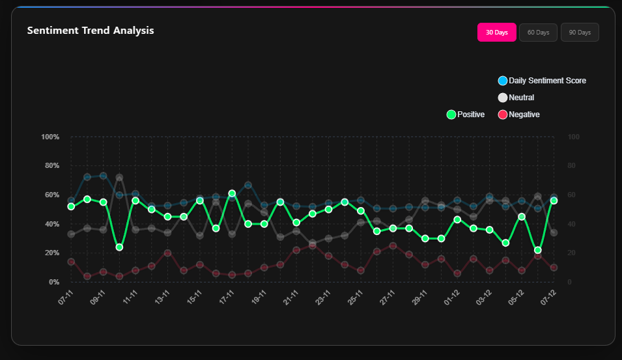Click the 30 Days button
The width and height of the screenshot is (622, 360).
click(496, 33)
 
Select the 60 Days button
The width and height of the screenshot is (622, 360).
click(538, 33)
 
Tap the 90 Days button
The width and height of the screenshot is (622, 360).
click(580, 33)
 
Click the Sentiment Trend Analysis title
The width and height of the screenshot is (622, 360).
click(91, 31)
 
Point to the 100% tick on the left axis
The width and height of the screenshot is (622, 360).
click(50, 137)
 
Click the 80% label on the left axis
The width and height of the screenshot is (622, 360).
click(51, 166)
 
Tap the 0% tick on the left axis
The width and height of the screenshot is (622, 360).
click(54, 282)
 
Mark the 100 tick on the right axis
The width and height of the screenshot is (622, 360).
click(574, 137)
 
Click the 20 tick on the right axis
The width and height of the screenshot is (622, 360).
click(572, 253)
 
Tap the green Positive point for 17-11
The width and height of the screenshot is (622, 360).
click(232, 193)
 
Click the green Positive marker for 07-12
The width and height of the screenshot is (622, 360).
click(554, 201)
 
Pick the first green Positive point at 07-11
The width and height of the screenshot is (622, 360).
click(71, 206)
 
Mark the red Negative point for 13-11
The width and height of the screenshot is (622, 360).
click(167, 253)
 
